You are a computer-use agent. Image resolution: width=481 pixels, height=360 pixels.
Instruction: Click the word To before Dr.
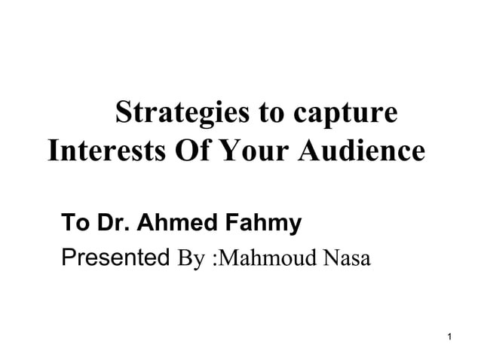pos(73,223)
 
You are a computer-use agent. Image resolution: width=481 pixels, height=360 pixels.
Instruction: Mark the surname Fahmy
pos(260,224)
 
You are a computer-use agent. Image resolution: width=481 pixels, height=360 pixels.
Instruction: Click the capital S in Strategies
pos(121,115)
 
